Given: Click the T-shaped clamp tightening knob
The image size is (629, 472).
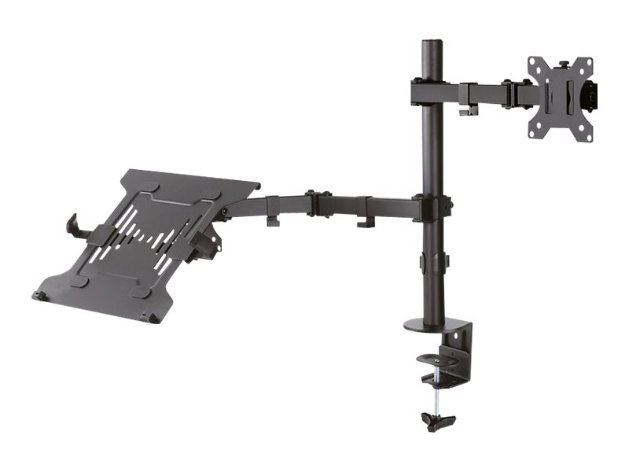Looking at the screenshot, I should (x=438, y=422).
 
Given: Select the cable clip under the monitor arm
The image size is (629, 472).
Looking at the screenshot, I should (x=468, y=108).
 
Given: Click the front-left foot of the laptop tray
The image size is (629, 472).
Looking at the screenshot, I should (x=38, y=296).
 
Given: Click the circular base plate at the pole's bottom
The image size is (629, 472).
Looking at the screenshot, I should (x=436, y=324).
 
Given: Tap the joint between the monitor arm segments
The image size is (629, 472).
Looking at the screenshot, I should (x=511, y=93).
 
